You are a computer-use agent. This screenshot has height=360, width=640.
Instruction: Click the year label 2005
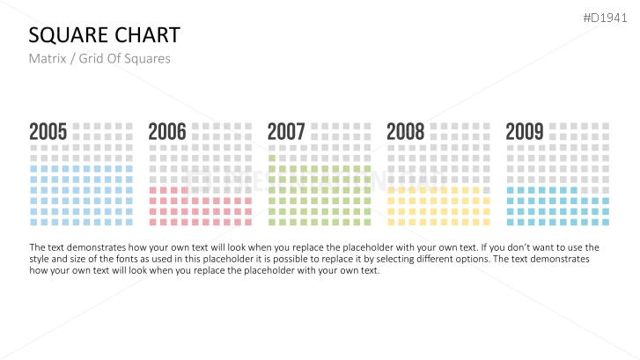[x=48, y=132]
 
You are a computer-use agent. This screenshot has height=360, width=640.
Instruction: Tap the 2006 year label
[x=167, y=132]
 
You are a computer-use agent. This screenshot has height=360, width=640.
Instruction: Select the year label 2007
[x=286, y=132]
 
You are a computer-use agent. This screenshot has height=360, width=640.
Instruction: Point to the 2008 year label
[x=405, y=132]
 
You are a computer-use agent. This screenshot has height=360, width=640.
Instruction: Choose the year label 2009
[x=524, y=132]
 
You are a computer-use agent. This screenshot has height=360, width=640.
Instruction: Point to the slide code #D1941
[x=607, y=18]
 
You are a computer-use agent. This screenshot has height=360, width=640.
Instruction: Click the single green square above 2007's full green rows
[x=272, y=158]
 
